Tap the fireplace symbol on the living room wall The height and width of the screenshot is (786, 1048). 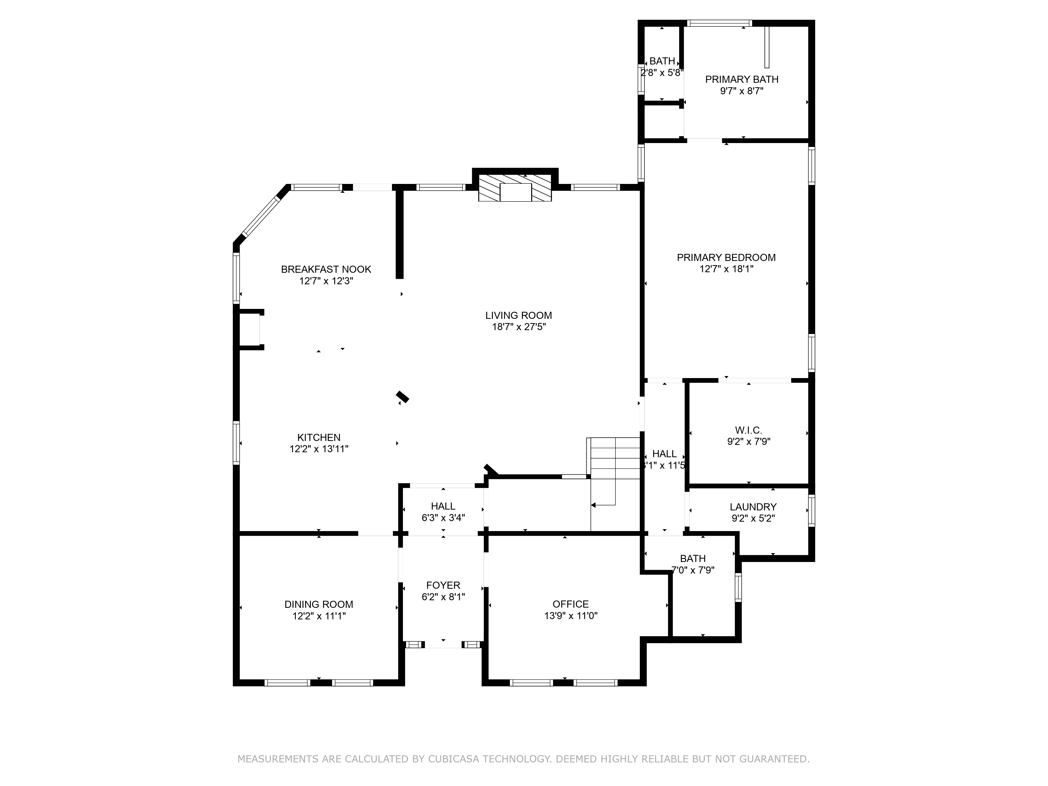pyautogui.click(x=515, y=188)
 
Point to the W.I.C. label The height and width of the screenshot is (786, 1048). pyautogui.click(x=749, y=430)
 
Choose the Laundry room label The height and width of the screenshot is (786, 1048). pyautogui.click(x=753, y=507)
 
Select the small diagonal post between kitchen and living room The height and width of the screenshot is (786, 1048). pyautogui.click(x=402, y=397)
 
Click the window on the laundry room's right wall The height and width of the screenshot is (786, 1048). pyautogui.click(x=812, y=511)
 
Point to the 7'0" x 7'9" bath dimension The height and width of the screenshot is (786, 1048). pyautogui.click(x=693, y=570)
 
